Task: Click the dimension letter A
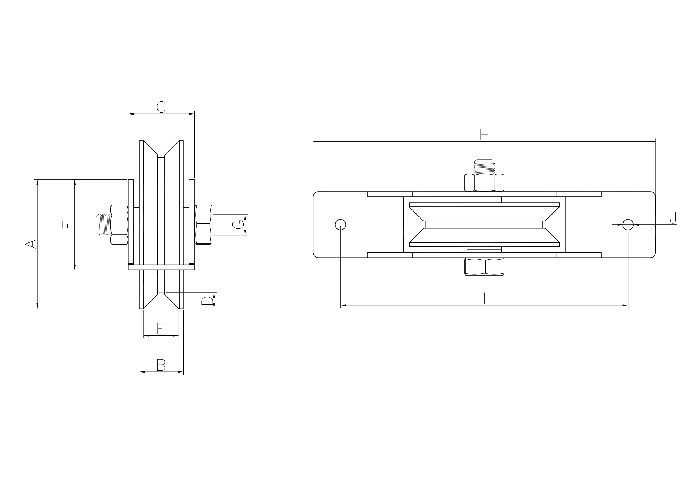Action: pyautogui.click(x=30, y=244)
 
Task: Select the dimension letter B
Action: pyautogui.click(x=161, y=365)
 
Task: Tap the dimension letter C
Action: pyautogui.click(x=161, y=107)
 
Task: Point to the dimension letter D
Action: pyautogui.click(x=207, y=301)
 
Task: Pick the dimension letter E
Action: pyautogui.click(x=161, y=329)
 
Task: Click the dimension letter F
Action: pyautogui.click(x=67, y=225)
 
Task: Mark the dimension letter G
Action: pyautogui.click(x=238, y=224)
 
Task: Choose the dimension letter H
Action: pyautogui.click(x=484, y=134)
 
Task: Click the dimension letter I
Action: pyautogui.click(x=484, y=298)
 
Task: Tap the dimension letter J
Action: pyautogui.click(x=673, y=218)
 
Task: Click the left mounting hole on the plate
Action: pyautogui.click(x=341, y=225)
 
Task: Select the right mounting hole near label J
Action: pyautogui.click(x=628, y=225)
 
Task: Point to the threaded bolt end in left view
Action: pyautogui.click(x=103, y=225)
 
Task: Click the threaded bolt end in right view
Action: pyautogui.click(x=484, y=167)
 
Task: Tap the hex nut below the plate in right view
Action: pyautogui.click(x=484, y=267)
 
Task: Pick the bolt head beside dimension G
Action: pyautogui.click(x=203, y=225)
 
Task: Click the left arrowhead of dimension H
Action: pyautogui.click(x=316, y=141)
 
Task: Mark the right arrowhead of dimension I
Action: pyautogui.click(x=625, y=305)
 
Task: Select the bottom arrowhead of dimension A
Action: pyautogui.click(x=37, y=306)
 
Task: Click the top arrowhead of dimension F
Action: pyautogui.click(x=75, y=183)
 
